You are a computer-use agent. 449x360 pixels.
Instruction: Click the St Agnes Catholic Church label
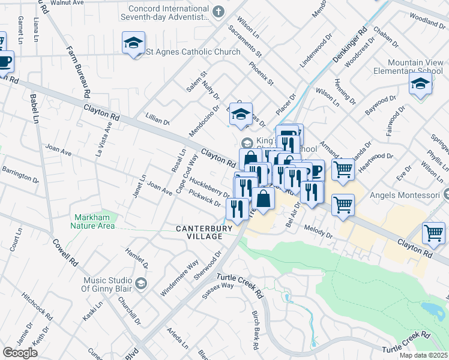pyautogui.click(x=194, y=52)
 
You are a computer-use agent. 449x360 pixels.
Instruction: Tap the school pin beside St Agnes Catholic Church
pyautogui.click(x=133, y=43)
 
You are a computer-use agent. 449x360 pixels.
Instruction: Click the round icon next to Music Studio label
pyautogui.click(x=140, y=283)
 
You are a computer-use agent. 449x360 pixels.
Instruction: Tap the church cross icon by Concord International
pyautogui.click(x=218, y=11)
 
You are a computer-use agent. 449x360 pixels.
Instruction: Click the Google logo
pyautogui.click(x=20, y=353)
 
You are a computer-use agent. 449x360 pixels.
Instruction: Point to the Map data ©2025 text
pyautogui.click(x=423, y=355)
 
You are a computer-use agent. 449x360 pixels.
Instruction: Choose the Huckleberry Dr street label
pyautogui.click(x=208, y=186)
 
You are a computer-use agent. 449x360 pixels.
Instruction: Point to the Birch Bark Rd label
pyautogui.click(x=255, y=331)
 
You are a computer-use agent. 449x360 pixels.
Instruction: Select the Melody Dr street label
pyautogui.click(x=318, y=232)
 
